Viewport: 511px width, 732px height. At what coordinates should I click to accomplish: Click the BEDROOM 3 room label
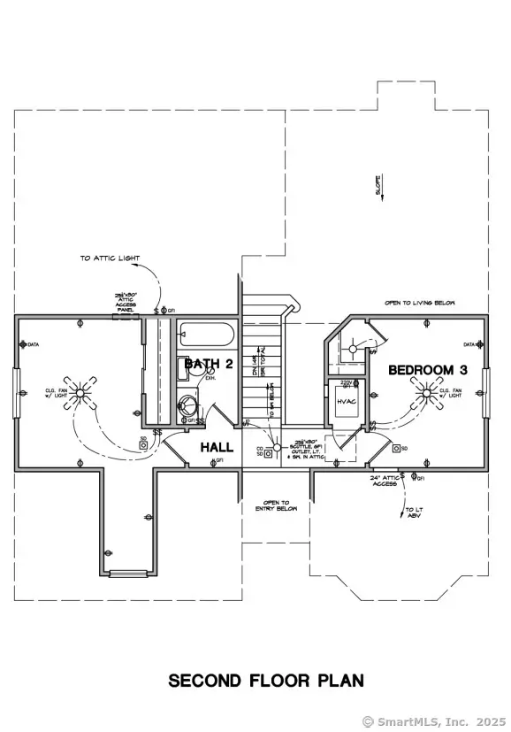pos(427,370)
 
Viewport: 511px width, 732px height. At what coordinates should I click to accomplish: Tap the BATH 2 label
pos(209,364)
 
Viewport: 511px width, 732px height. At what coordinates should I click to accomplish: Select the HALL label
pos(217,447)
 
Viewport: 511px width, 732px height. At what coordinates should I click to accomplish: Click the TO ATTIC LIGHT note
pos(110,258)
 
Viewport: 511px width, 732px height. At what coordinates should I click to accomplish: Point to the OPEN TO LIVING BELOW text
pos(419,303)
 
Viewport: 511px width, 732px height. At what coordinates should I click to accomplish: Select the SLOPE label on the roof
pos(378,184)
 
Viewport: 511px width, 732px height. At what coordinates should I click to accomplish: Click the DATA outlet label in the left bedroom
pos(34,344)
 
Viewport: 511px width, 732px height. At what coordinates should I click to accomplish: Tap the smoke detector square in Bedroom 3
pos(396,449)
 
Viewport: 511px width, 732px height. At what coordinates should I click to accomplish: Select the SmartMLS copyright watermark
pos(434,720)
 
